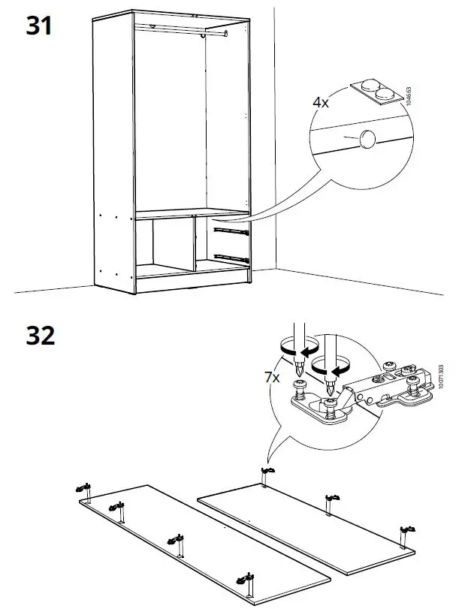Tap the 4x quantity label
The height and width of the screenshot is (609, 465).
(321, 102)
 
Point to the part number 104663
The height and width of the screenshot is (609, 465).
(408, 98)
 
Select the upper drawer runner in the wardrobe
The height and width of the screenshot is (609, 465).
(228, 232)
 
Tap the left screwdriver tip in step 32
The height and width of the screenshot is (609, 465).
(299, 372)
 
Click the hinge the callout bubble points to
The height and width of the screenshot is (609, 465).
(265, 472)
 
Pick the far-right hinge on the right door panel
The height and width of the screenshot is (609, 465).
(406, 530)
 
